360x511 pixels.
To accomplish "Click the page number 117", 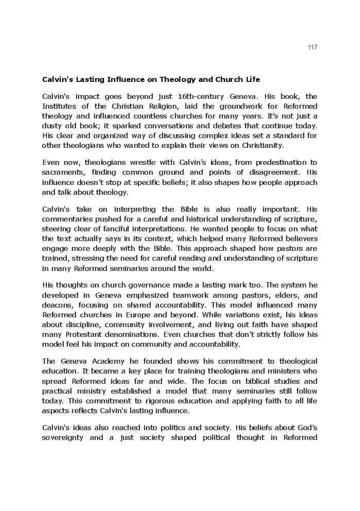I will pyautogui.click(x=313, y=47).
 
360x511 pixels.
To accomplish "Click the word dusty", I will pyautogui.click(x=53, y=126).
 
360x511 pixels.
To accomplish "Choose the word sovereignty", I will pyautogui.click(x=64, y=438).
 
